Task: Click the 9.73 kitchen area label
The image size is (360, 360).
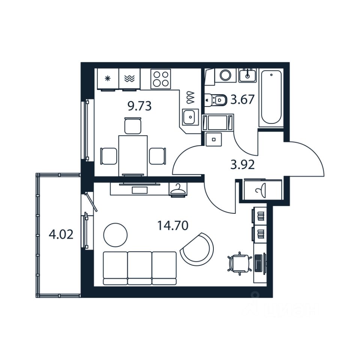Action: click(x=139, y=106)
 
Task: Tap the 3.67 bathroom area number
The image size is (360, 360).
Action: click(x=243, y=100)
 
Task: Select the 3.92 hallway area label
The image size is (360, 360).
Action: click(x=243, y=164)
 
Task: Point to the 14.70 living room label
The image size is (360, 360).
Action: click(x=172, y=225)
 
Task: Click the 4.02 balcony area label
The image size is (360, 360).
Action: click(x=61, y=235)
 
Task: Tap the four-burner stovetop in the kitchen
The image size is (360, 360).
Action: click(x=160, y=79)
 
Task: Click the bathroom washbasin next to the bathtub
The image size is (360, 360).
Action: click(x=247, y=75)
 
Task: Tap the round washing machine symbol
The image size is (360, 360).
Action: click(x=225, y=75)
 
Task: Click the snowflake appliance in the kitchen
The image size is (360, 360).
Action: click(x=108, y=78)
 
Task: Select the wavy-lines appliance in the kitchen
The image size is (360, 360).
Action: click(x=129, y=78)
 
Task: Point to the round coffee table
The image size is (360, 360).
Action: click(x=115, y=235)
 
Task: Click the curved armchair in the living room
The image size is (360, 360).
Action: click(x=198, y=249)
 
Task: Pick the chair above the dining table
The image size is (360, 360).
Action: click(x=133, y=126)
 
